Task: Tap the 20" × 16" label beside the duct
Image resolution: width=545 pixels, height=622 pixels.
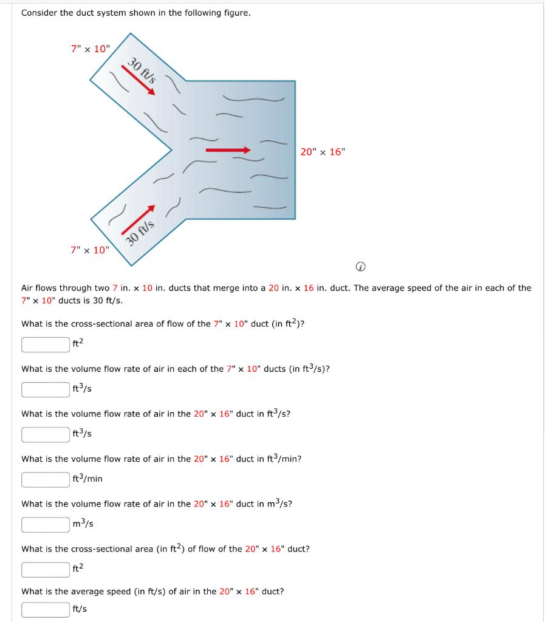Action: (x=322, y=152)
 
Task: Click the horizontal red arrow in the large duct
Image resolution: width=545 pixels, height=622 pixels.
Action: (x=228, y=150)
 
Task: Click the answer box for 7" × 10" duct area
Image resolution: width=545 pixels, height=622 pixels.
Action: (x=46, y=344)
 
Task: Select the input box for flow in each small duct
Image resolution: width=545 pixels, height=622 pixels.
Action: (x=46, y=389)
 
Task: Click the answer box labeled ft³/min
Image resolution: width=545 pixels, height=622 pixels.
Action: (x=46, y=479)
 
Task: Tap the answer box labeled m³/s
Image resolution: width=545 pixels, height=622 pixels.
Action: (x=46, y=524)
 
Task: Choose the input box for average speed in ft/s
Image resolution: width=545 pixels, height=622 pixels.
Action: (x=46, y=609)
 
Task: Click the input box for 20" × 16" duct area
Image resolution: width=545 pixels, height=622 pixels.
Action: (x=46, y=569)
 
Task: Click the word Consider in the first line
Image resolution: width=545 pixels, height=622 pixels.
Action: (x=39, y=13)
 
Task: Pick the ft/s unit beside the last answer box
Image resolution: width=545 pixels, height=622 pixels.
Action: (x=80, y=609)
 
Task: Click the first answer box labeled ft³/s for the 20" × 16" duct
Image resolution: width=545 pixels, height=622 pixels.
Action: (x=46, y=434)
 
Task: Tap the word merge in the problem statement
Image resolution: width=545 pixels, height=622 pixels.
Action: (x=242, y=288)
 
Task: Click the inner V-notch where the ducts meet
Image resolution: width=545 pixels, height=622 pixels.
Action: (x=170, y=149)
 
